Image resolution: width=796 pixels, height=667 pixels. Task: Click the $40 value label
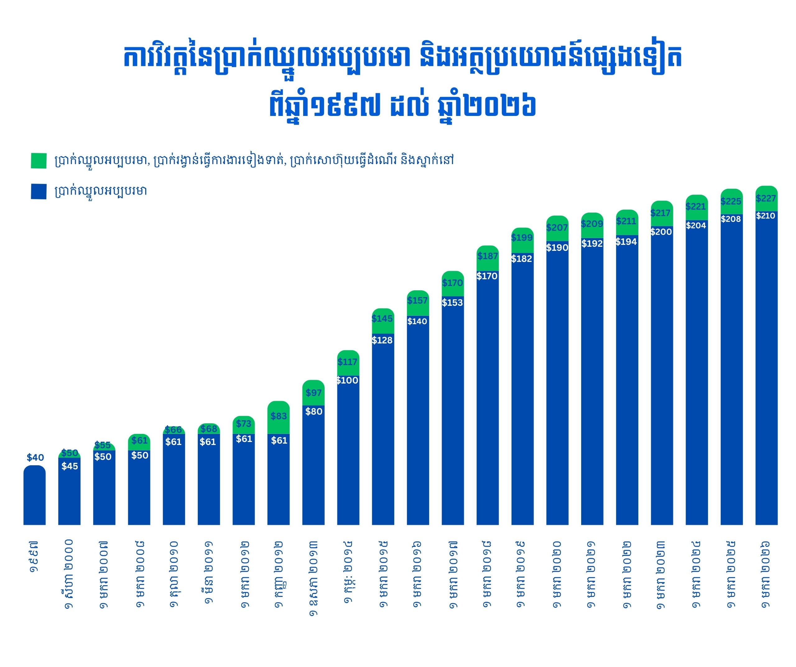tap(35, 458)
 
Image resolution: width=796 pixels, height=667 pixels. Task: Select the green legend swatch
tap(39, 160)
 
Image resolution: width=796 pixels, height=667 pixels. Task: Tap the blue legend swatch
tap(39, 191)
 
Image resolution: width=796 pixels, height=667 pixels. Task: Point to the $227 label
tap(766, 198)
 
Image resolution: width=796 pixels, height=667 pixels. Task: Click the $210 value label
tap(765, 216)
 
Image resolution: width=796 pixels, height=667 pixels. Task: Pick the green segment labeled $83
tap(278, 417)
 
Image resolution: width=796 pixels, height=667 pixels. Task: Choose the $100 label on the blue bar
tap(347, 380)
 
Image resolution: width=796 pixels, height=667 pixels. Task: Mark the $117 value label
tap(347, 362)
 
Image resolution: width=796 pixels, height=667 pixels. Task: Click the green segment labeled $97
tap(313, 393)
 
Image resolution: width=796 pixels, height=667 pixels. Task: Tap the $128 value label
tap(382, 340)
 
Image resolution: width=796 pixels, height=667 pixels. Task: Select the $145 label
tap(382, 318)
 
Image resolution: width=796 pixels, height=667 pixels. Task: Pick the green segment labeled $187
tap(488, 258)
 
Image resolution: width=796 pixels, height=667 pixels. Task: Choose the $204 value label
tap(696, 225)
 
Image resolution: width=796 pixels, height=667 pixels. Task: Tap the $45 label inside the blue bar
tap(70, 466)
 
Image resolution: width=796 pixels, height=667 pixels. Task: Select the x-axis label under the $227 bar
tap(766, 574)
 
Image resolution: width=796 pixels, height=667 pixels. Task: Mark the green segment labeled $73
tap(243, 425)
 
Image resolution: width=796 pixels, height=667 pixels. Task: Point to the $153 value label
tap(452, 302)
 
